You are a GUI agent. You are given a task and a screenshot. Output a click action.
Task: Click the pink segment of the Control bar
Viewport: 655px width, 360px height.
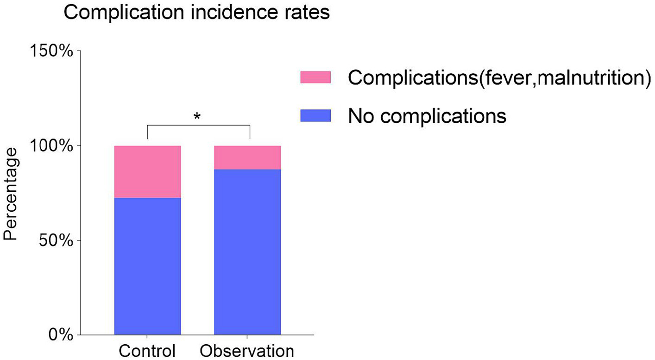point(147,171)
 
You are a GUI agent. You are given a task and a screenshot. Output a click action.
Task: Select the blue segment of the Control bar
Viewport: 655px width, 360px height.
point(147,266)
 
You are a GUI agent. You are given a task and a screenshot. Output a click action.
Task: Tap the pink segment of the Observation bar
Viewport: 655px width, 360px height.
point(247,158)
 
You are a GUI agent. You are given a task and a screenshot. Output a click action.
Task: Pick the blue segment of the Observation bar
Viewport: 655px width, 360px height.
point(247,252)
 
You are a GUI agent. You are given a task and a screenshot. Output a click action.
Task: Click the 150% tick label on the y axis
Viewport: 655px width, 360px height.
point(51,51)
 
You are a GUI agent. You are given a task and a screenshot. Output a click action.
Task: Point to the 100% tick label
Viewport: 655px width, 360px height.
point(51,146)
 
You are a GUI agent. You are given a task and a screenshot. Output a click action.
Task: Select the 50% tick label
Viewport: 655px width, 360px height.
point(56,240)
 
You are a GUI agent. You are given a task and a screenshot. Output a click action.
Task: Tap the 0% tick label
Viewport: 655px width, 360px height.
point(60,335)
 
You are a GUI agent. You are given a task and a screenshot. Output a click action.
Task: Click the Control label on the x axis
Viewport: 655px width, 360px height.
point(147,351)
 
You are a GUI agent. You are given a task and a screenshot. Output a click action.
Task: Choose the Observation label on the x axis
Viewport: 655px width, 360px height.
point(247,351)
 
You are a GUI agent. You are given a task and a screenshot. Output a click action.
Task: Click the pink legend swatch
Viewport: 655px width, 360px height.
point(315,77)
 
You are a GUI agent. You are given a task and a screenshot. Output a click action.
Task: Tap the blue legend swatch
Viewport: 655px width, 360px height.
point(315,115)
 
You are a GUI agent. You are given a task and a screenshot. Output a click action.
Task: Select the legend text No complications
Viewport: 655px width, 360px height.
point(427,116)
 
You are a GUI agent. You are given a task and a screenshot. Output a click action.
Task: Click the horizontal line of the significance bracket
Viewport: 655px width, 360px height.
point(198,126)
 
